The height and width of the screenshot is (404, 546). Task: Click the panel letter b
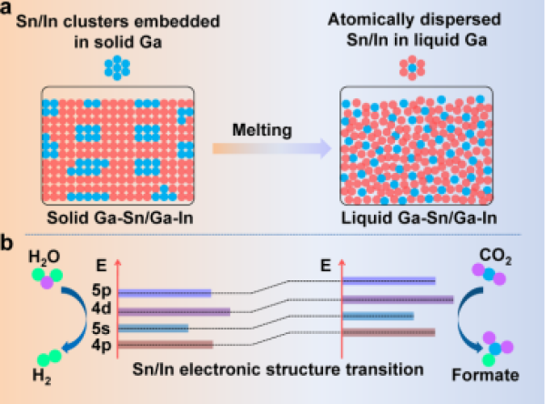pyautogui.click(x=9, y=245)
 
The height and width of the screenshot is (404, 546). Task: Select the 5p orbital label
pyautogui.click(x=101, y=293)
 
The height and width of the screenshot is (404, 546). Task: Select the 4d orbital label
pyautogui.click(x=101, y=310)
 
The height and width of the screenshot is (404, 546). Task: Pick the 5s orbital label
pyautogui.click(x=101, y=328)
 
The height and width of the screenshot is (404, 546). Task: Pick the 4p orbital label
pyautogui.click(x=101, y=345)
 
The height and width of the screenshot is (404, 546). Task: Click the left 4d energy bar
pyautogui.click(x=174, y=311)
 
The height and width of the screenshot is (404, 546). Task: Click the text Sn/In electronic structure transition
pyautogui.click(x=274, y=370)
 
